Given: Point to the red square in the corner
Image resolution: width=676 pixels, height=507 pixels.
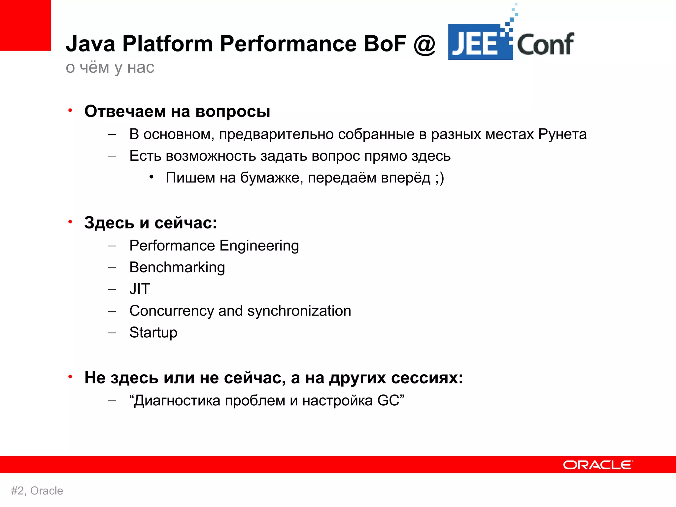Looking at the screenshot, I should pyautogui.click(x=25, y=25).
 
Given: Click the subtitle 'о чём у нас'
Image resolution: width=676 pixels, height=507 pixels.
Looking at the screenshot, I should pyautogui.click(x=110, y=68).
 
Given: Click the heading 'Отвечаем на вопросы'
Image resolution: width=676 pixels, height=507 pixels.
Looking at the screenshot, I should pyautogui.click(x=177, y=111).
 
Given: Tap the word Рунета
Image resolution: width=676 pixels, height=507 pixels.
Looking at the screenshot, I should pyautogui.click(x=562, y=134).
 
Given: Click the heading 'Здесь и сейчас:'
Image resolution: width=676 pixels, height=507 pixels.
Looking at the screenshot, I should pyautogui.click(x=151, y=223).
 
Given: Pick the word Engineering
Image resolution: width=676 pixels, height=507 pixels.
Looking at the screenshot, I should pyautogui.click(x=259, y=246).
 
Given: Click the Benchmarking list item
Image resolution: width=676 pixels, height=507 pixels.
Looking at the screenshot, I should pyautogui.click(x=177, y=267).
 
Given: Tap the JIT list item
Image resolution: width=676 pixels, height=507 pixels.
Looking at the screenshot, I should pyautogui.click(x=140, y=289).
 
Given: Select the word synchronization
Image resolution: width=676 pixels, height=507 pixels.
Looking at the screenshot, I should pyautogui.click(x=299, y=311).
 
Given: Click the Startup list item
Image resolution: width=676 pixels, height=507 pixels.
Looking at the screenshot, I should pyautogui.click(x=153, y=332).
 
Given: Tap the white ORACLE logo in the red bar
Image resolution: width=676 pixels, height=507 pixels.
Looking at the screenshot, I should pyautogui.click(x=598, y=465).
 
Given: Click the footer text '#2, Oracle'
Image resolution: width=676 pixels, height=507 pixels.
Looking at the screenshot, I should pyautogui.click(x=37, y=491).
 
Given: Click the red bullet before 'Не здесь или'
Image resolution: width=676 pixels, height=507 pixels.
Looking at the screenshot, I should pyautogui.click(x=70, y=377).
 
